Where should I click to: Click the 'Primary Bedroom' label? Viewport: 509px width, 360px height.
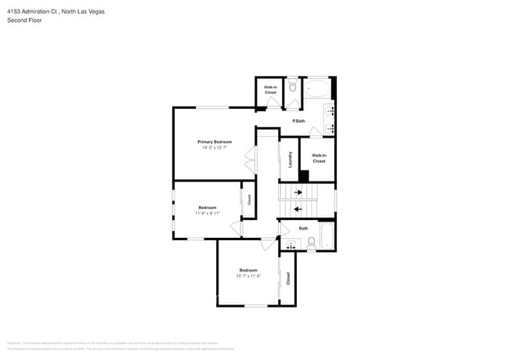pos(214,142)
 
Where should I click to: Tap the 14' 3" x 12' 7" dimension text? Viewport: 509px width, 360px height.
pos(214,147)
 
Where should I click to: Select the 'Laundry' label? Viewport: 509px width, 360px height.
pos(291,159)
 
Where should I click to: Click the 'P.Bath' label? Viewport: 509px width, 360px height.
pos(298,121)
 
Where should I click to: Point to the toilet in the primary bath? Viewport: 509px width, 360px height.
pos(292,87)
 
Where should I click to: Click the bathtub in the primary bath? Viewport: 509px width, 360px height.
pos(317,87)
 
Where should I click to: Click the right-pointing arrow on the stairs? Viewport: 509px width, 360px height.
pos(298,192)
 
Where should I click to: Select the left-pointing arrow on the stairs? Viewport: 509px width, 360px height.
pos(297,208)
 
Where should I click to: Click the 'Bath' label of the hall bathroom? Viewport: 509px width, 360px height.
pos(303,229)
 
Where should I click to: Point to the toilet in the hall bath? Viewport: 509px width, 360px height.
pos(311,243)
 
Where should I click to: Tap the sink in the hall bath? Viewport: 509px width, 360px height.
pos(291,246)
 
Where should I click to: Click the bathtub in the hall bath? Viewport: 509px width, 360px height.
pos(327,237)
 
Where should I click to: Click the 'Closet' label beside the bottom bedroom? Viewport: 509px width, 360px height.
pos(288,277)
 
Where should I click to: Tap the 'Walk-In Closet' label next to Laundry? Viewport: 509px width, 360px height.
pos(319,158)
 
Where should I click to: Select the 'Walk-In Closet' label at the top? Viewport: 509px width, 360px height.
pos(270,90)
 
